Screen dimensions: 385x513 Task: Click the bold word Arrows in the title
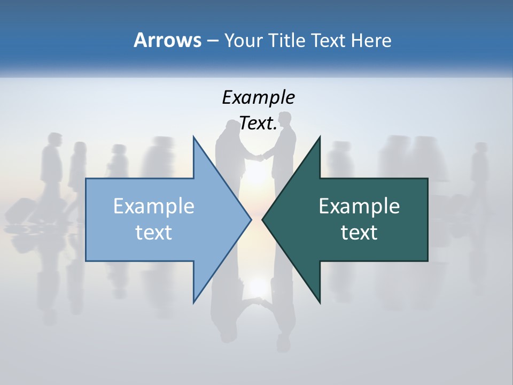pos(167,40)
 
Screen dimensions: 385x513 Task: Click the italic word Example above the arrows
pos(258,97)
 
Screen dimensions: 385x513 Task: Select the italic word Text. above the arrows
pos(258,124)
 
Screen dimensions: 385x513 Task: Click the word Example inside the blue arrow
pos(154,206)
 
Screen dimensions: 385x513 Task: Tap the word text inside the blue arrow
pos(154,232)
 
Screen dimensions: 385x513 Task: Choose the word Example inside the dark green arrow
pos(359,206)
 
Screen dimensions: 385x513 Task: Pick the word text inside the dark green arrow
pos(359,232)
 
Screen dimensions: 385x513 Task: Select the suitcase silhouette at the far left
pos(20,210)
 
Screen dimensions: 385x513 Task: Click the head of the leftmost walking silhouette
pos(53,138)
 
